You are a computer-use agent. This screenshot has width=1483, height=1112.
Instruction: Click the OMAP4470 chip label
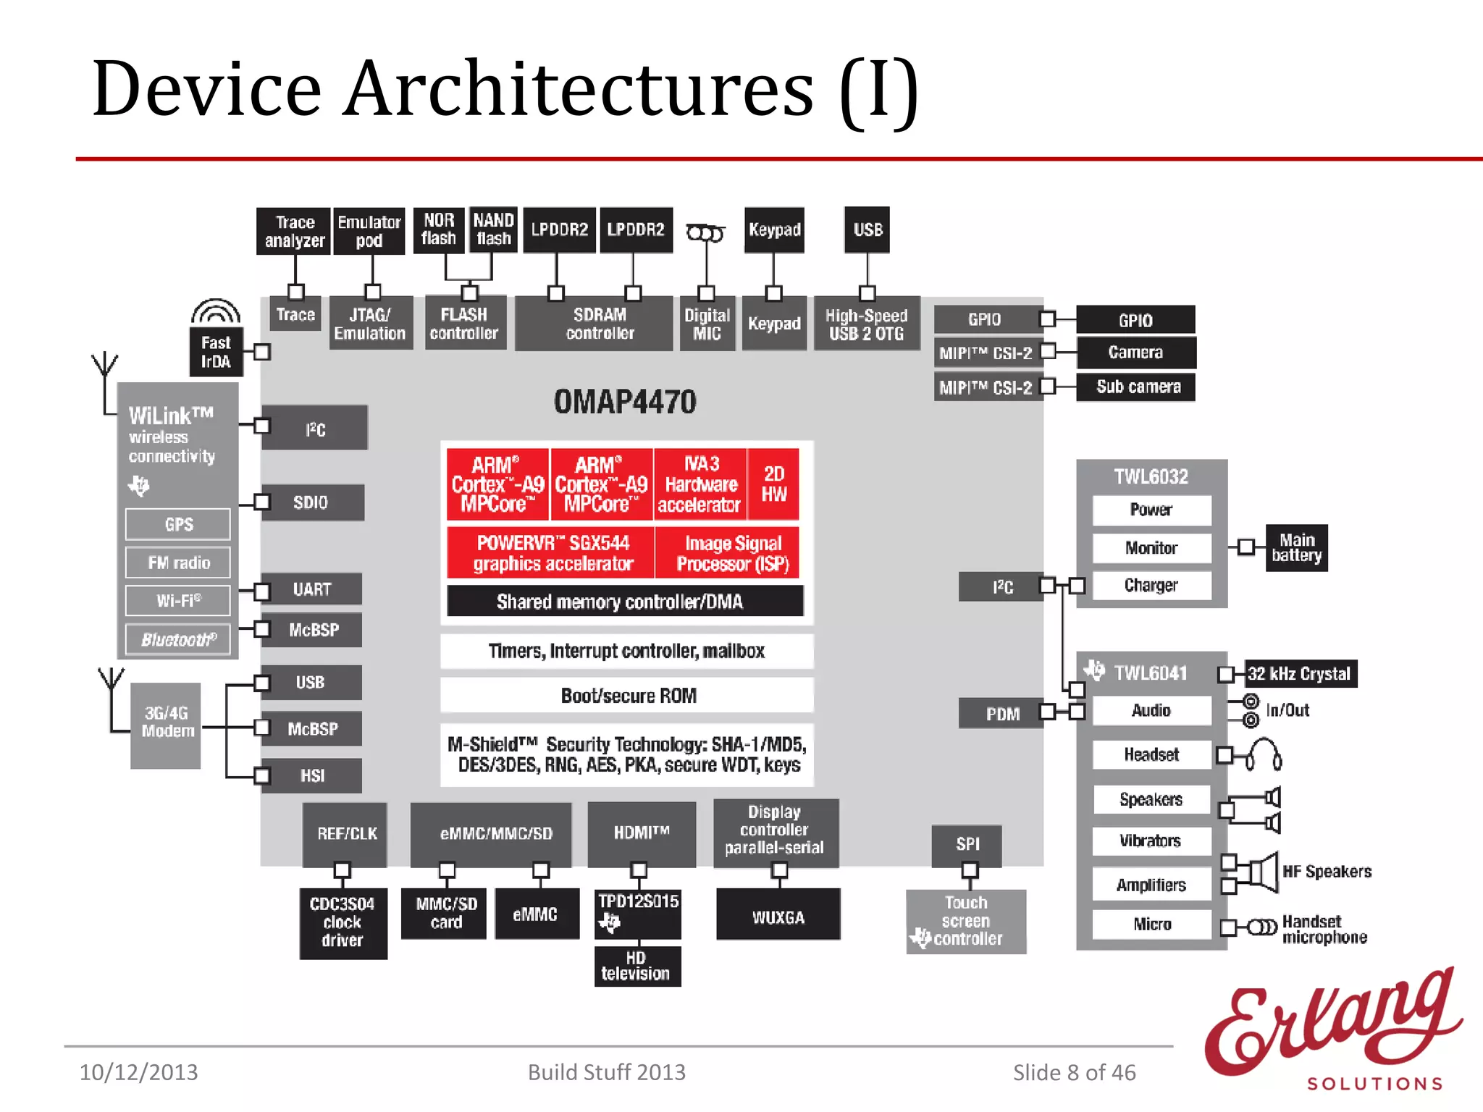[625, 402]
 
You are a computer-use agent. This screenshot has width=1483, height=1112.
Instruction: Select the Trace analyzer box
[294, 231]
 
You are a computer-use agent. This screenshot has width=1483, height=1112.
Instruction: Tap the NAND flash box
[493, 229]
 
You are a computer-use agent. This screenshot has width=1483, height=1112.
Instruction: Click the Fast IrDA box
[216, 353]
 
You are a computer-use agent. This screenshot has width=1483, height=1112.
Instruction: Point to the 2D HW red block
[773, 484]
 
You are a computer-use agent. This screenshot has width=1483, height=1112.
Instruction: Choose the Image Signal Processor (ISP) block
[732, 553]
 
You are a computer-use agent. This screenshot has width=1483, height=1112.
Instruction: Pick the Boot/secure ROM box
[627, 696]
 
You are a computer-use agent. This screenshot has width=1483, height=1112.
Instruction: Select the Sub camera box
[1136, 387]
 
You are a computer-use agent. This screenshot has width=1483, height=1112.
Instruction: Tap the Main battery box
[1296, 548]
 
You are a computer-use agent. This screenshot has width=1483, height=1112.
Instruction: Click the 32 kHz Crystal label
[1300, 674]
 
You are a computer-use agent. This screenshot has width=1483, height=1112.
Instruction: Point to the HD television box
[637, 966]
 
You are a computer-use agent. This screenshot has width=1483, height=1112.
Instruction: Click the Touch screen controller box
[966, 922]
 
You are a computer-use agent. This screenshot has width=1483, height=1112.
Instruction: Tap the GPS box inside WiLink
[178, 524]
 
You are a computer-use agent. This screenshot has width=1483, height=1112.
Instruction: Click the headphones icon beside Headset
[1264, 754]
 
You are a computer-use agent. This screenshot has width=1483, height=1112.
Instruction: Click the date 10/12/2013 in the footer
[138, 1072]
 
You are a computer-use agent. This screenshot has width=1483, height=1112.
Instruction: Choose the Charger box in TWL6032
[1151, 585]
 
